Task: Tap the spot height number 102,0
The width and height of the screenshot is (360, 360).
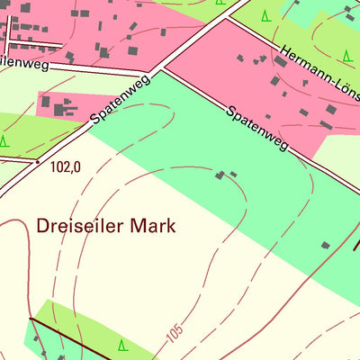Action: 66,166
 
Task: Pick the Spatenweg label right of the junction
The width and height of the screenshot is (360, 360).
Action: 257,129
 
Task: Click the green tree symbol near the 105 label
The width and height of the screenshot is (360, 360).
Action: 122,344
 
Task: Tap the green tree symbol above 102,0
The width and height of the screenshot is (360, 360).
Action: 4,140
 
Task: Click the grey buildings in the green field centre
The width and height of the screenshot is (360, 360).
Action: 225,174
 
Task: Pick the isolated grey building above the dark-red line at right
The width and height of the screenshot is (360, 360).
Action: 325,245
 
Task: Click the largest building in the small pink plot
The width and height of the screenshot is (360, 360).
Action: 60,110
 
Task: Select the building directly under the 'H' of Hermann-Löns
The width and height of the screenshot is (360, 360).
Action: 274,79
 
